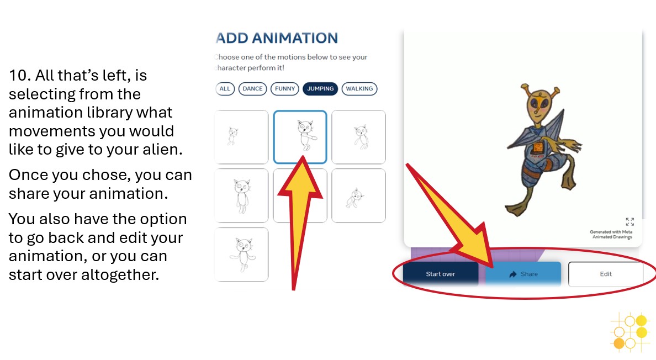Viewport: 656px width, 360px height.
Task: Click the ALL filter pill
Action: [225, 88]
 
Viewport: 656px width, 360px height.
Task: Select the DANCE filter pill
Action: [253, 88]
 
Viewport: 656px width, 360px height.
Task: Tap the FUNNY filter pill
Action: [285, 88]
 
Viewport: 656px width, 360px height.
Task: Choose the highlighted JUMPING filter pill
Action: [320, 88]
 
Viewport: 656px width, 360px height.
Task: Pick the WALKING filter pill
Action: [359, 88]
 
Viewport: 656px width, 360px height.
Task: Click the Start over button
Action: [440, 274]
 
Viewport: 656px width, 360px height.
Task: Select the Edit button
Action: [606, 274]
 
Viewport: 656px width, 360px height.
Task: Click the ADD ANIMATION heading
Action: [277, 38]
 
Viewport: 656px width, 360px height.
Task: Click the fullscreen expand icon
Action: [629, 221]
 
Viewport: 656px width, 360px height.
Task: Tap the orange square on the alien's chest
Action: [537, 147]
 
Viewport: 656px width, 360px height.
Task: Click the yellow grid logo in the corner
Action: [629, 332]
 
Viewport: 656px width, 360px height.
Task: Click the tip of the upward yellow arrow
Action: [301, 158]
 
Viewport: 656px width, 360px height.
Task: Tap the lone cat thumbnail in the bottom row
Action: [241, 254]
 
